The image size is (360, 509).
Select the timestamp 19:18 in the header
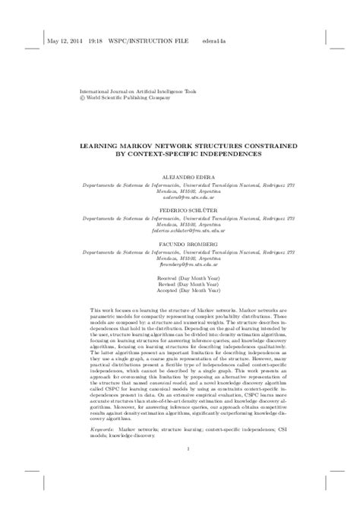pyautogui.click(x=96, y=43)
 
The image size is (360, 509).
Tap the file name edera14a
pyautogui.click(x=213, y=43)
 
